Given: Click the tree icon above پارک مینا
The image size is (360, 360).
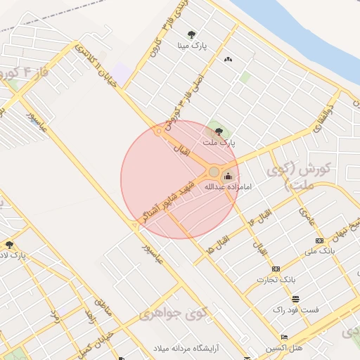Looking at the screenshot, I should [x=192, y=34].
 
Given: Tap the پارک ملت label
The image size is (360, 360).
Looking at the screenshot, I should [x=219, y=142].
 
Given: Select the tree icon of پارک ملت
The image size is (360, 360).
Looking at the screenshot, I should [x=219, y=131].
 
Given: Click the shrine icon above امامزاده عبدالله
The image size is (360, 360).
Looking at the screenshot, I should [x=227, y=176].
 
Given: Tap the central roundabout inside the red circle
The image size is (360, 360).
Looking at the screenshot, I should [x=214, y=172].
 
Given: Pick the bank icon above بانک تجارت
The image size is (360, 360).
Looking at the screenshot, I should [x=275, y=269].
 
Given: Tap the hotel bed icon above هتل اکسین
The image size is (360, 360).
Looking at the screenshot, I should [x=283, y=337].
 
